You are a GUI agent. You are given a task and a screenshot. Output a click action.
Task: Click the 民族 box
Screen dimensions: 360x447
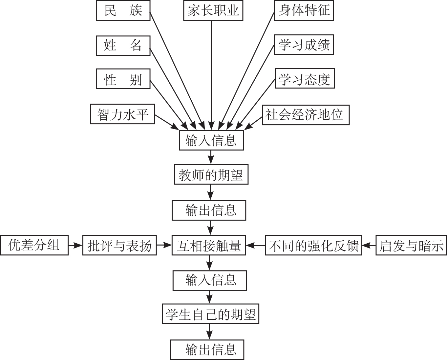(123, 11)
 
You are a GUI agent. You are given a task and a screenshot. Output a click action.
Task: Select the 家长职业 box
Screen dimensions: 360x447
(213, 11)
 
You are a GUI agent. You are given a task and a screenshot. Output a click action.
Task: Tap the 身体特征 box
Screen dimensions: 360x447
(304, 11)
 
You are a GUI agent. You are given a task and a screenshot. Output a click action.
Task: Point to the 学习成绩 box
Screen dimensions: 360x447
(304, 45)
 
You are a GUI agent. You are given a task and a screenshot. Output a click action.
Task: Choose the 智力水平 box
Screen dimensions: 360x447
(122, 114)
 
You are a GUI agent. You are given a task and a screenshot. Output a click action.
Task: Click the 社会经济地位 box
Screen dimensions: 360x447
(306, 115)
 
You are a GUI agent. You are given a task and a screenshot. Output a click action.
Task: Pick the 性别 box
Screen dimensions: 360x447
(123, 79)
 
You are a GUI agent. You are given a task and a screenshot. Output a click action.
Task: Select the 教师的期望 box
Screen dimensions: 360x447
(211, 175)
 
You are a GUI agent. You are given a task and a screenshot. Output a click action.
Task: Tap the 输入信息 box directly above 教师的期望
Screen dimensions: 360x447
(211, 141)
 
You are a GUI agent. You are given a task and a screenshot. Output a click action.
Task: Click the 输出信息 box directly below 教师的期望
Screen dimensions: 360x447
(209, 210)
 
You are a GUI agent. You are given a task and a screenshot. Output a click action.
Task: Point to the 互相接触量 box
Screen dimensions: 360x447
(209, 245)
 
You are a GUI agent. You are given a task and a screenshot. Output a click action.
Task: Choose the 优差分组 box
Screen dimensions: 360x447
(34, 245)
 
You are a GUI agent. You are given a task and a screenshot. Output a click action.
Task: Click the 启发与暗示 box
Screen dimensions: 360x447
(411, 245)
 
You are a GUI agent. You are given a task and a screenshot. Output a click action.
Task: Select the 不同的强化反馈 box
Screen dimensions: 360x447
(313, 245)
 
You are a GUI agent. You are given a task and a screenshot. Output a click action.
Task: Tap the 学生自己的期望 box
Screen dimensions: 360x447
(210, 314)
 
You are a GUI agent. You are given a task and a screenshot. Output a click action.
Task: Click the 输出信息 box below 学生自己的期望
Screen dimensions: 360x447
(207, 350)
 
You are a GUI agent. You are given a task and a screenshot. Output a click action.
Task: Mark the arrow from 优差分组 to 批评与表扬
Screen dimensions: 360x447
(75, 245)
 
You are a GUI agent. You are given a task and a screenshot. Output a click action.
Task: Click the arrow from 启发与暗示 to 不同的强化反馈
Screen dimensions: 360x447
(369, 245)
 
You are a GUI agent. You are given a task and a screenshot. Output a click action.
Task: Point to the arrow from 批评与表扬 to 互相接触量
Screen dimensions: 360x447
(164, 245)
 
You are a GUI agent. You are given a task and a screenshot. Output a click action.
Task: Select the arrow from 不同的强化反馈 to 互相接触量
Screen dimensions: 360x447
(256, 245)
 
